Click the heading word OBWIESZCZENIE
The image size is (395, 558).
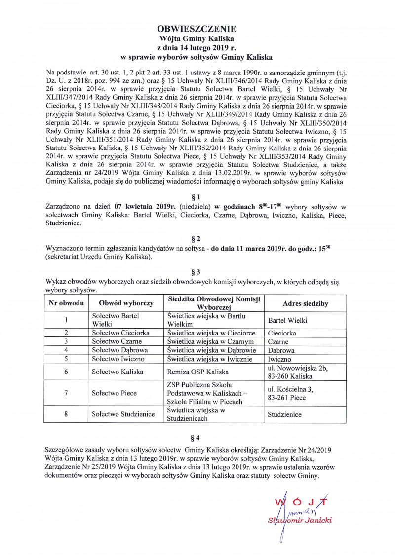tap(197, 29)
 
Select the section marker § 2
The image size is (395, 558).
tap(197, 238)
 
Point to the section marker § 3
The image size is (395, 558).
tap(197, 271)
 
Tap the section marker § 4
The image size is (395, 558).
tap(197, 437)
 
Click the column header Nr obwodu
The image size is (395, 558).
tap(66, 302)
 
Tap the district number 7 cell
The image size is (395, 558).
tap(66, 393)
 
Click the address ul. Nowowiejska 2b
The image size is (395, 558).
tap(296, 367)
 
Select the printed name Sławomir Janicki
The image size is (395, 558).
tap(300, 520)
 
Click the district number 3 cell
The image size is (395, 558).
tap(66, 341)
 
